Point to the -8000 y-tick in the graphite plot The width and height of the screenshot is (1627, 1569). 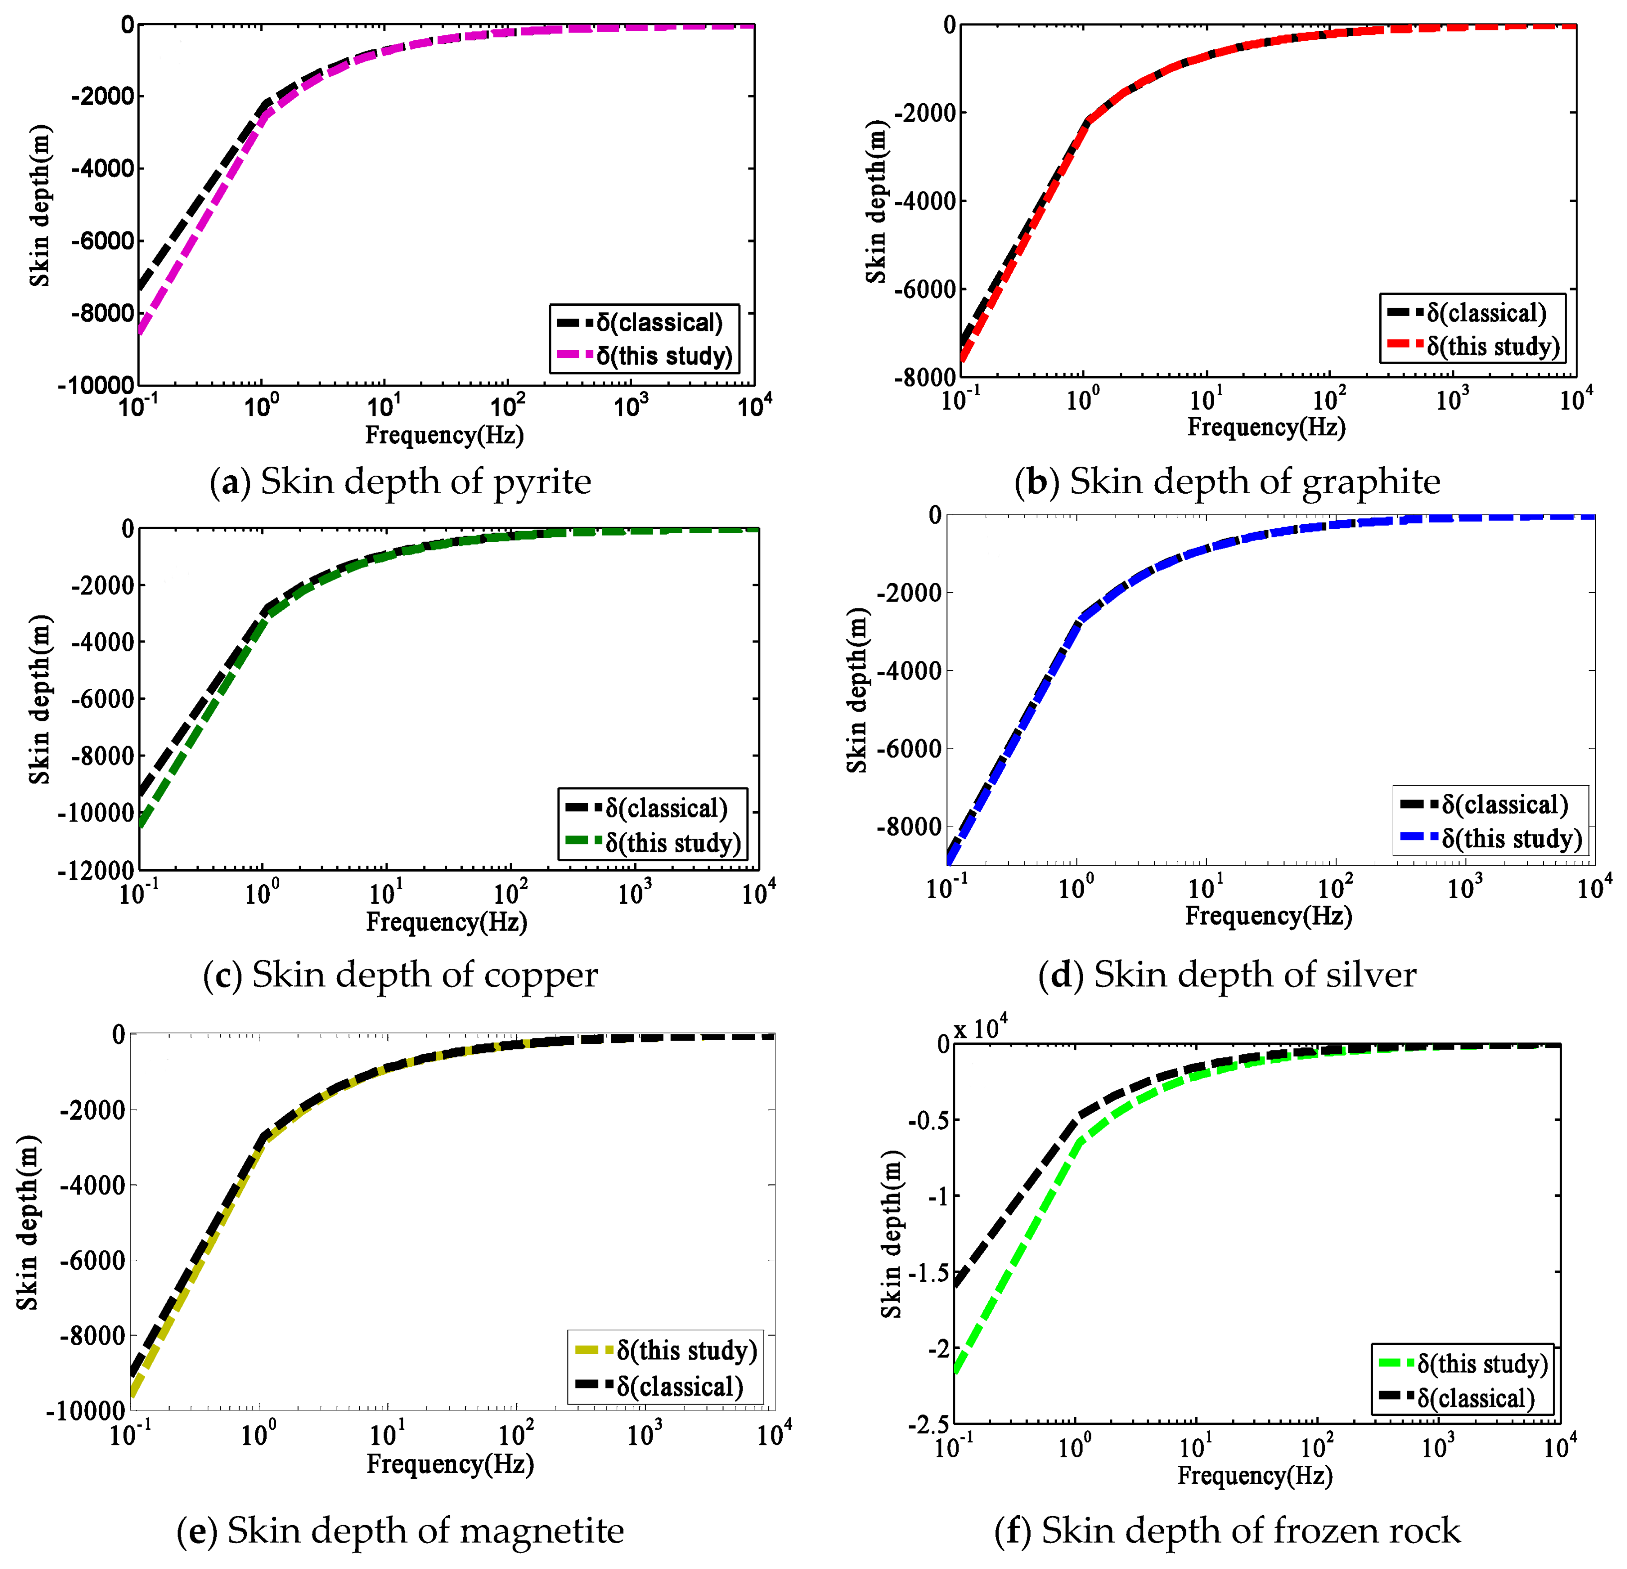pos(924,378)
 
